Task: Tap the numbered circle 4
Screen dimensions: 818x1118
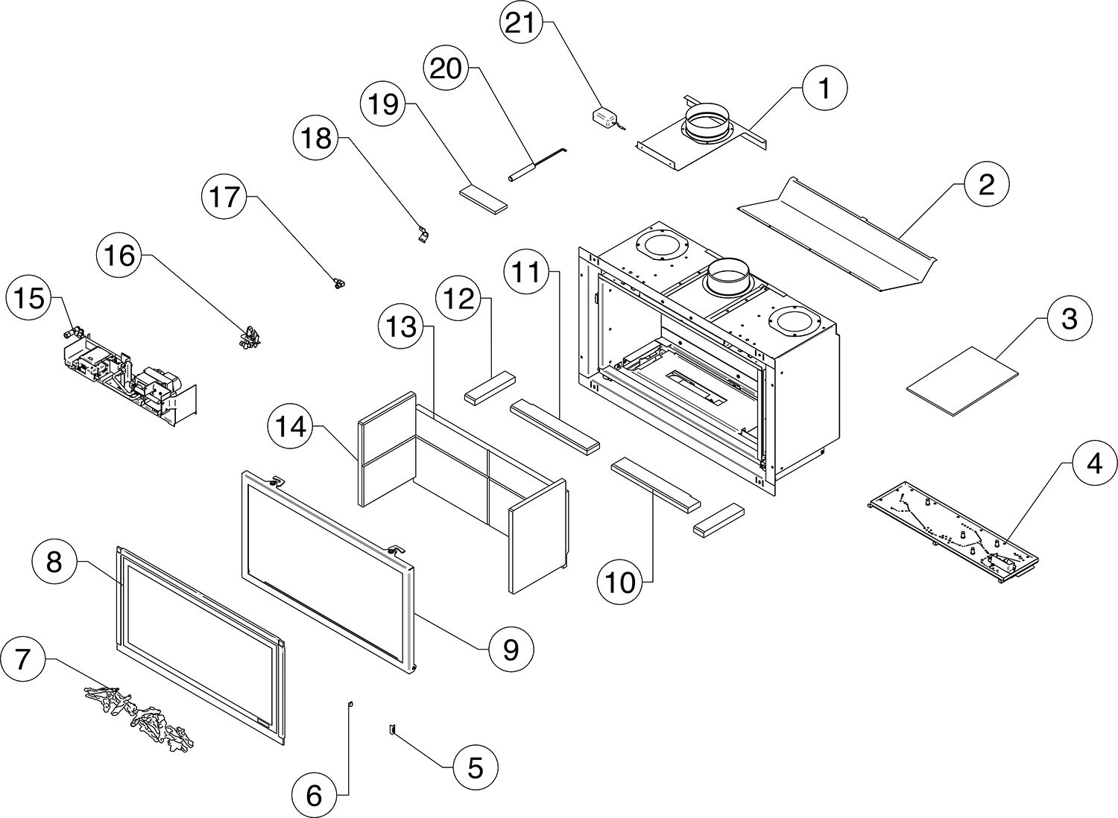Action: pyautogui.click(x=1093, y=464)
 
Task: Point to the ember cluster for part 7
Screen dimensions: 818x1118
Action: pyautogui.click(x=142, y=715)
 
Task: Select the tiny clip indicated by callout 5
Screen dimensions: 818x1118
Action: pyautogui.click(x=389, y=729)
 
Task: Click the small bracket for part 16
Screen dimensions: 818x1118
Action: pyautogui.click(x=250, y=336)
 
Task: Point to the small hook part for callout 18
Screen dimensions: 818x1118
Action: pyautogui.click(x=422, y=235)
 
